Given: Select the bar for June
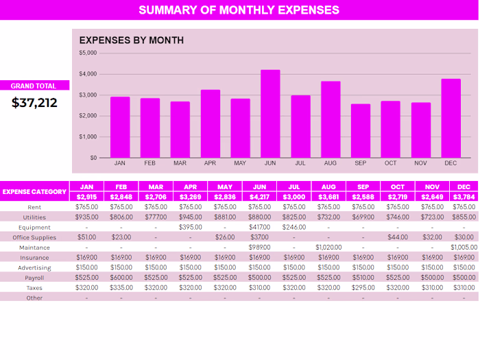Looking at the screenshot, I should (270, 114).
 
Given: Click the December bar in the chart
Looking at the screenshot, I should (451, 118).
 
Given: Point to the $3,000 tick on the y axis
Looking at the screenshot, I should (88, 95).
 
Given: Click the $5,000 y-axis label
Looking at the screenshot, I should (88, 53).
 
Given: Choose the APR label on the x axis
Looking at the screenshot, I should (210, 163).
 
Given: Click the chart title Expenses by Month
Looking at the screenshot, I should (132, 40).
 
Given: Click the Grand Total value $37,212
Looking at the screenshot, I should (35, 103).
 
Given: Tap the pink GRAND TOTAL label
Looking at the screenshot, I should (35, 86).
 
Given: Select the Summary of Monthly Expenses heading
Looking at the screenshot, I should (239, 10).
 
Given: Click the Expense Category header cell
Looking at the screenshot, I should (34, 192).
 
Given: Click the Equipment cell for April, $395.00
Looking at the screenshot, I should (190, 227).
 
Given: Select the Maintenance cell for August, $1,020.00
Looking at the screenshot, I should (328, 247).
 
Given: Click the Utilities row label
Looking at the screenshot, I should (34, 217).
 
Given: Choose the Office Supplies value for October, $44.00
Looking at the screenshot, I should (397, 237).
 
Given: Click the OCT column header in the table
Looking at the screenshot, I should (397, 187).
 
